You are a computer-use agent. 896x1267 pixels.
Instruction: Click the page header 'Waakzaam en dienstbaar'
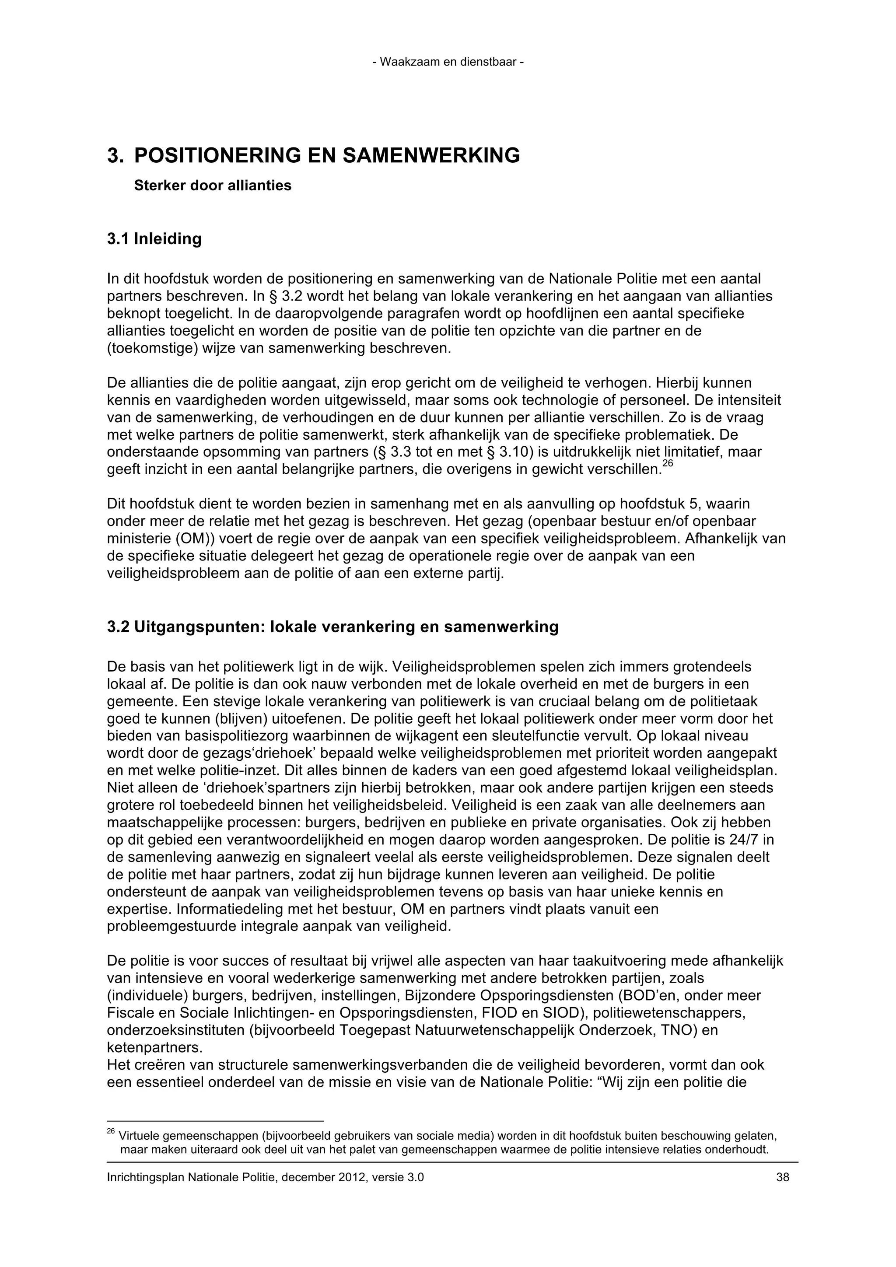(x=448, y=62)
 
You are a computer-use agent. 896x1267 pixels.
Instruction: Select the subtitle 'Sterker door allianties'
(x=213, y=185)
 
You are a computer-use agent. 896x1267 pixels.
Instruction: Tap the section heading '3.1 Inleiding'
(x=154, y=239)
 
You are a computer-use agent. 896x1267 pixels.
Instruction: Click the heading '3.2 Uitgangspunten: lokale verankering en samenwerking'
(x=332, y=627)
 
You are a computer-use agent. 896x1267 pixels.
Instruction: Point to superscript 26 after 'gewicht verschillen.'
(x=668, y=465)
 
